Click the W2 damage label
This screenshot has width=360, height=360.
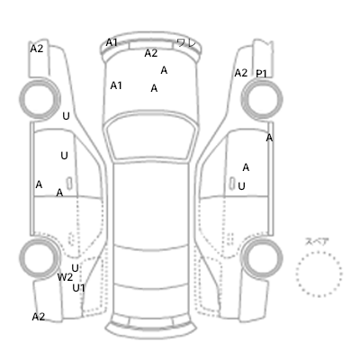coord(65,277)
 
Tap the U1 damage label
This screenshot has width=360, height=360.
coord(78,288)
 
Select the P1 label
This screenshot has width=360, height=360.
coord(261,74)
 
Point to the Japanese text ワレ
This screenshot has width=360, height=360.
coord(186,43)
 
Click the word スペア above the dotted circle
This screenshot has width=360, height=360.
coord(317,241)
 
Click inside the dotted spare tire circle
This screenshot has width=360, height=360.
coord(319,274)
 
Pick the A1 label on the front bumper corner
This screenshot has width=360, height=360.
coord(112,42)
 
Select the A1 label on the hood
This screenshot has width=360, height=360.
coord(116,85)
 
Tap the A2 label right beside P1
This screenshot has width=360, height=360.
coord(241,73)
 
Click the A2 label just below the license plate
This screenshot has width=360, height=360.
coord(151,53)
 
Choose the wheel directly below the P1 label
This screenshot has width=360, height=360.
coord(262,98)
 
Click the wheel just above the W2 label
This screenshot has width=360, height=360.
coord(40,258)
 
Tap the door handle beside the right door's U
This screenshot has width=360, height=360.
coord(232,184)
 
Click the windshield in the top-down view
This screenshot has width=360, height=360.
coord(151,138)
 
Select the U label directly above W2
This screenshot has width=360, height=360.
coord(75,268)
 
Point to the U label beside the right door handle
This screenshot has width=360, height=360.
coord(241,186)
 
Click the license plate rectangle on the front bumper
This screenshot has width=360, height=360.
coord(151,45)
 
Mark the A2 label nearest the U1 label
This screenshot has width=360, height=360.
coord(39,317)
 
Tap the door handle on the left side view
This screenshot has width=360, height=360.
coord(69,184)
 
